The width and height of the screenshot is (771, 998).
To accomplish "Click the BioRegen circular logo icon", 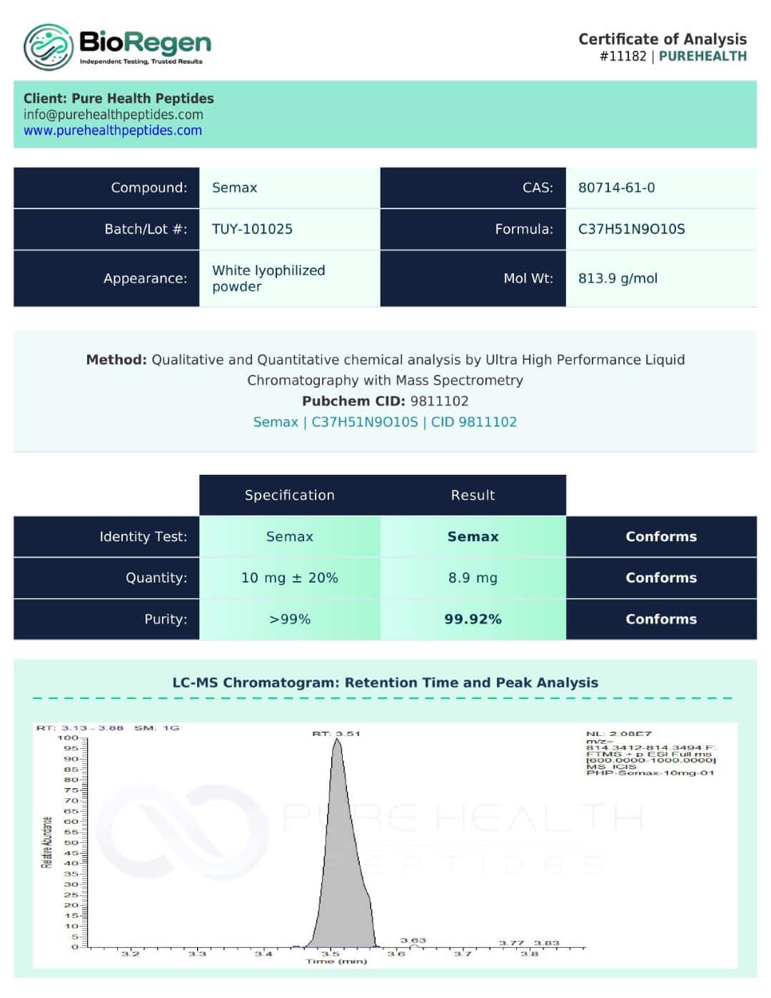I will click(49, 47).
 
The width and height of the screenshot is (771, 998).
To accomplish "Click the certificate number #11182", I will click(623, 56).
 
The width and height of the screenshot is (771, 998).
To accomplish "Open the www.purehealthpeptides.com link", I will click(113, 131).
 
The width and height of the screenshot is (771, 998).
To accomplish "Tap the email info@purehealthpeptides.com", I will click(113, 114).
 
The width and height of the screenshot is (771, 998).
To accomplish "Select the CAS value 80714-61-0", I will click(616, 188).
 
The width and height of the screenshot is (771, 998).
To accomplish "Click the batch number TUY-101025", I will click(252, 229).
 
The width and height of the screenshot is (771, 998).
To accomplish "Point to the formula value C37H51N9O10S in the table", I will click(631, 229).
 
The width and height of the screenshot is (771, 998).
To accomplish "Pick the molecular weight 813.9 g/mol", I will click(618, 278).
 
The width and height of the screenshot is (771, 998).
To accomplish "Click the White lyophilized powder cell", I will click(268, 278).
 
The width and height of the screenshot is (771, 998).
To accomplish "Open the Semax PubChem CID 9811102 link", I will click(385, 422).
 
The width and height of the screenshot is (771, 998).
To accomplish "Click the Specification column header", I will click(289, 495).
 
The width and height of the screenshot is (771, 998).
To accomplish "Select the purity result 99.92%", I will click(473, 619).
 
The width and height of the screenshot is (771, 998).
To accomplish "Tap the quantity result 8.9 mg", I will click(473, 578).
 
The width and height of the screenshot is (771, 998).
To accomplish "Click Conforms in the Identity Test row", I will click(661, 537).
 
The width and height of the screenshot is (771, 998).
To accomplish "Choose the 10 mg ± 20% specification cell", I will click(289, 578).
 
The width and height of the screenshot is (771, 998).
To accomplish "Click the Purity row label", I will click(166, 619).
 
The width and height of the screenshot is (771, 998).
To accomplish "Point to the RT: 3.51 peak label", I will click(336, 733).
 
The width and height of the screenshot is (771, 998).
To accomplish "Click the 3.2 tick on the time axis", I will click(130, 954).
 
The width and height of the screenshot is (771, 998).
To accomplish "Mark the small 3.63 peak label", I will click(413, 940).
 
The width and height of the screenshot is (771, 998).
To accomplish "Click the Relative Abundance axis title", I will click(47, 842).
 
